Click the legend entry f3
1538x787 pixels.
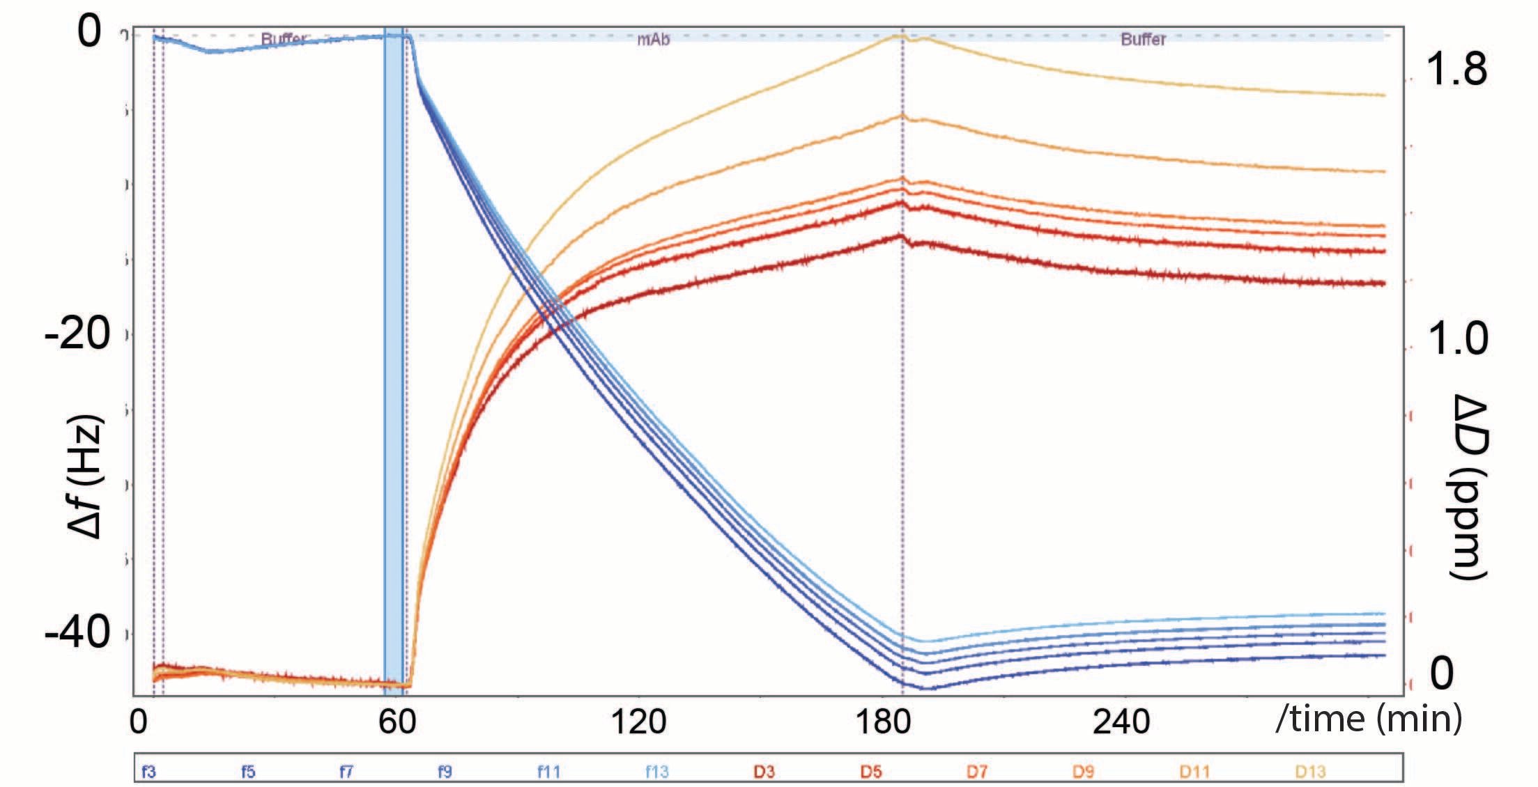click(148, 772)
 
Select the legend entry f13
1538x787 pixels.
click(656, 772)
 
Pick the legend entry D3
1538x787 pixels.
click(764, 772)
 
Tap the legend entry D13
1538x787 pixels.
click(1310, 772)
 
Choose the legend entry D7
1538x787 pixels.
click(977, 772)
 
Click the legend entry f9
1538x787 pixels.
click(445, 772)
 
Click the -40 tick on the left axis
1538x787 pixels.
click(77, 632)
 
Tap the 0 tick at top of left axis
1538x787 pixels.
click(89, 32)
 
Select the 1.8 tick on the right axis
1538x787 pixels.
click(1456, 69)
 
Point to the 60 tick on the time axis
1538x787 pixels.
click(397, 722)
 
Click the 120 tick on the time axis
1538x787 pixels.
click(638, 722)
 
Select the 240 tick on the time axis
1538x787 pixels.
click(1121, 722)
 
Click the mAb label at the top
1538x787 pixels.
click(654, 40)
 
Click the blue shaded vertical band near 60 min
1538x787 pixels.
click(394, 348)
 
